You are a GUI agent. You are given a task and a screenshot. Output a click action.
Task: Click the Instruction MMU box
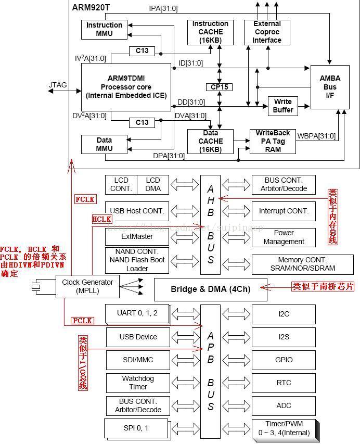(x=104, y=29)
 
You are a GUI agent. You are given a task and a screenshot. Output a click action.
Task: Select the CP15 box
(x=218, y=87)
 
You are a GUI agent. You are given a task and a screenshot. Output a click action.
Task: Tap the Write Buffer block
(x=282, y=106)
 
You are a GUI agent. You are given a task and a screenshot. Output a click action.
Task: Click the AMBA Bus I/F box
(x=330, y=87)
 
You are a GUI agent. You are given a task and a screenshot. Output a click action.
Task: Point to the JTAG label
(x=58, y=84)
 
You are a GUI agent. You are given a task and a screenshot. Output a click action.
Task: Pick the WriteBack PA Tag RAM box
(x=273, y=141)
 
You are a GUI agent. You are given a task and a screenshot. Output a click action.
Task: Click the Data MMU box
(x=104, y=144)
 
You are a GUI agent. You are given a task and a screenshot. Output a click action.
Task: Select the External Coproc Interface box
(x=267, y=32)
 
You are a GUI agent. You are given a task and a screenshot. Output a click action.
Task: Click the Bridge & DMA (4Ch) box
(x=210, y=289)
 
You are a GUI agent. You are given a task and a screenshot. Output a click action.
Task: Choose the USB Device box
(x=138, y=337)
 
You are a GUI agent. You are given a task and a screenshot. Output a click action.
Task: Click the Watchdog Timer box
(x=138, y=383)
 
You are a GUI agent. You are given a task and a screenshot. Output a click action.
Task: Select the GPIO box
(x=284, y=360)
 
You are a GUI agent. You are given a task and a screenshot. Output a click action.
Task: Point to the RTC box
(x=284, y=383)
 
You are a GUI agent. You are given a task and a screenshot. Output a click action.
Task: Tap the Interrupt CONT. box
(x=284, y=211)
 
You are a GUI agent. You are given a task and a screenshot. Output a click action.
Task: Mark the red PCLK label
(x=83, y=321)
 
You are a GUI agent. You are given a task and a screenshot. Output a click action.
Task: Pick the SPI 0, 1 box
(x=137, y=428)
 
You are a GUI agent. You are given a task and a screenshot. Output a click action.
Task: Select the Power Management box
(x=284, y=237)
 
